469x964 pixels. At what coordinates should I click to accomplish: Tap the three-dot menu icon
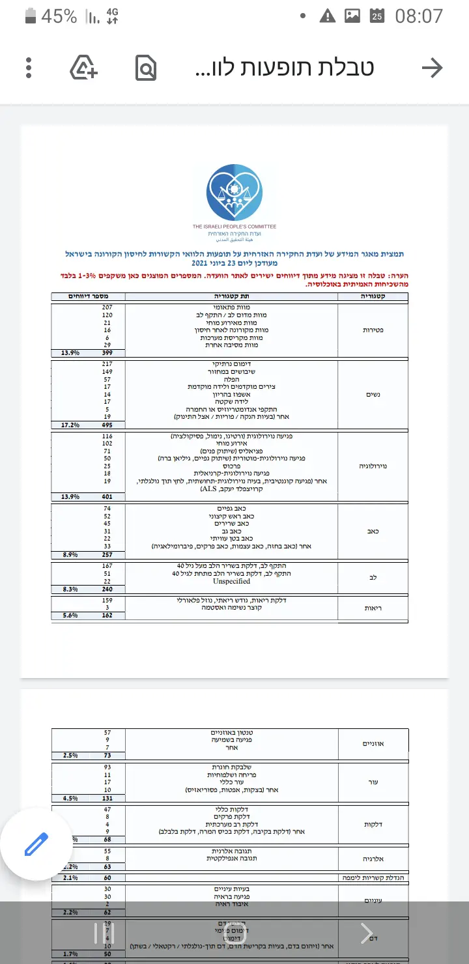click(29, 68)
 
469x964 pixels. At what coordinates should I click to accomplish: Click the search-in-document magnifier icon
click(146, 68)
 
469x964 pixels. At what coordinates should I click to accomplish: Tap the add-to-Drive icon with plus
click(84, 68)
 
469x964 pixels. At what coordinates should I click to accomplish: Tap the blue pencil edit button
click(36, 844)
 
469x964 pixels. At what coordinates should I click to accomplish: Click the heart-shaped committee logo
click(234, 193)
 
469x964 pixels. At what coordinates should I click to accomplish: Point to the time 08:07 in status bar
click(419, 16)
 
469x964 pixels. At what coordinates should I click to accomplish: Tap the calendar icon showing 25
click(377, 16)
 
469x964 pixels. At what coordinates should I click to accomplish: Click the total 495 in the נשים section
click(107, 425)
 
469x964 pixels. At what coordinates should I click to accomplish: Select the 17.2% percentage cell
click(70, 425)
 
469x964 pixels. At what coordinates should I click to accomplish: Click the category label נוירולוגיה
click(373, 466)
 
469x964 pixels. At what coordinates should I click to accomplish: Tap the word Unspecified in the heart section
click(232, 581)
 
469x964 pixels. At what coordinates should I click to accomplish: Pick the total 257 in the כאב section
click(107, 555)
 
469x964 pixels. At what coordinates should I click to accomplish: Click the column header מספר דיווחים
click(89, 296)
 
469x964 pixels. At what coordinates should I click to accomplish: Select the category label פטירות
click(373, 330)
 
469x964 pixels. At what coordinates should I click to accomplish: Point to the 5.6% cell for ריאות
click(70, 615)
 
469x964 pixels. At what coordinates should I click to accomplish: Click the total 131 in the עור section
click(107, 798)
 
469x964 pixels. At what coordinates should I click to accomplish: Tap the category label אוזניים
click(373, 744)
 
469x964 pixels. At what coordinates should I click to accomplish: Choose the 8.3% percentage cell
click(70, 589)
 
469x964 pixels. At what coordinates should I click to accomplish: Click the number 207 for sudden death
click(107, 306)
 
